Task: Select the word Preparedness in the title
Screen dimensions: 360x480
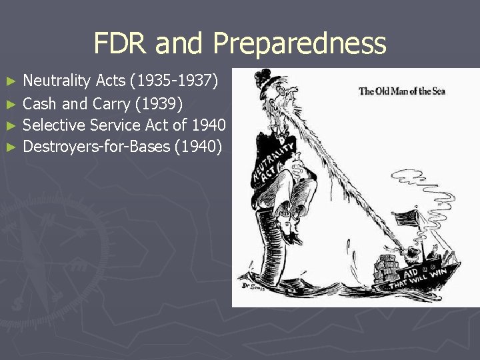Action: (x=299, y=44)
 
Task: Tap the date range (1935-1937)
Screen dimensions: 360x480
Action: (x=174, y=81)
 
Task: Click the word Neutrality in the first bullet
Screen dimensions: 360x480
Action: (x=57, y=81)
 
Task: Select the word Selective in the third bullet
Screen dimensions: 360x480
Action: (x=53, y=125)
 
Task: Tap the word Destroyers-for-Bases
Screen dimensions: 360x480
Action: (x=97, y=146)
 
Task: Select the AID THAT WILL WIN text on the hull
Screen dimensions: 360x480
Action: (x=427, y=273)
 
